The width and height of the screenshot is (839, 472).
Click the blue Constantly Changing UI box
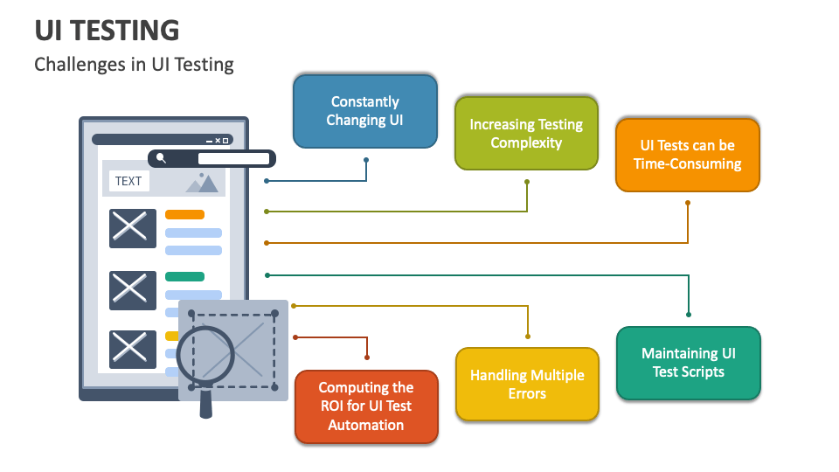coord(364,111)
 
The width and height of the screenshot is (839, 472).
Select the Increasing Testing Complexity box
coord(526,133)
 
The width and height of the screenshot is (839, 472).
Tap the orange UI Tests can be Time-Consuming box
coord(687,155)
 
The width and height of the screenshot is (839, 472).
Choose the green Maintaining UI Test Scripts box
coord(688,363)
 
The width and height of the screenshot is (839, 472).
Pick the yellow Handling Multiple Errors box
coord(527,385)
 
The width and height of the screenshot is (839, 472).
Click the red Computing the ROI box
coord(366,406)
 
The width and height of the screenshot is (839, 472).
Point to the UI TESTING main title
coord(107,31)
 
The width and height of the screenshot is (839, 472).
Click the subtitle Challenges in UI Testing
coord(134,64)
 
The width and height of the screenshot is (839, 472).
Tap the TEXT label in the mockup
coord(128,181)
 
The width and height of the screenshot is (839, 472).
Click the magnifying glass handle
coord(206,402)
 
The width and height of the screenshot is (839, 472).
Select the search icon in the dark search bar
coord(161,158)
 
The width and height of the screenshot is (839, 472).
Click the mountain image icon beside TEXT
coord(202,182)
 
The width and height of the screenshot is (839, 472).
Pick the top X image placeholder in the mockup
coord(132,228)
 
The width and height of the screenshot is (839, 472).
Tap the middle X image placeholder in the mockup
coord(132,290)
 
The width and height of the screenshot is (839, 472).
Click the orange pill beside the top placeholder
coord(184,214)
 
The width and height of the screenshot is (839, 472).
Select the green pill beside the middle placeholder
coord(184,276)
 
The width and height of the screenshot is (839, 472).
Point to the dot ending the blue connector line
coord(366,160)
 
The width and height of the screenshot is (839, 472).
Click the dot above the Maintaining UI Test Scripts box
coord(689,315)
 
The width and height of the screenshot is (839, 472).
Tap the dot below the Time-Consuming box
coord(688,203)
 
